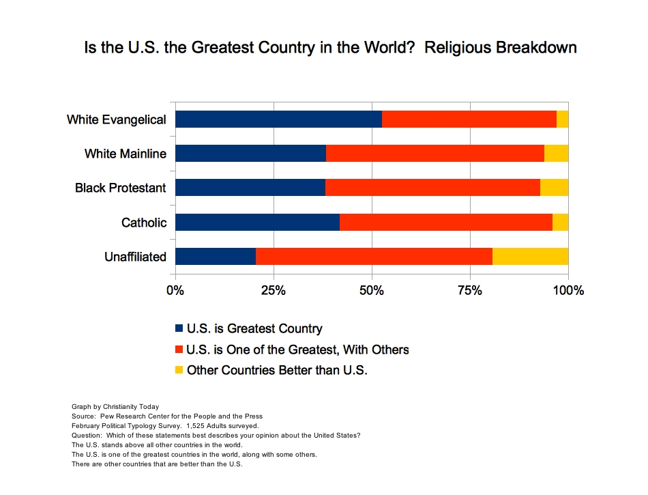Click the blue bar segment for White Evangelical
pyautogui.click(x=278, y=119)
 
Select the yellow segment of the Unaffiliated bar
pyautogui.click(x=530, y=256)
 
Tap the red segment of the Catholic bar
pyautogui.click(x=446, y=222)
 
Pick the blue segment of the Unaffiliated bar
pyautogui.click(x=216, y=256)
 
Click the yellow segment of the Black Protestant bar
pyautogui.click(x=554, y=187)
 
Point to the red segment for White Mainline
pyautogui.click(x=435, y=153)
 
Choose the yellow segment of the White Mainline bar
pyautogui.click(x=556, y=153)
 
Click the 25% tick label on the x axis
pyautogui.click(x=274, y=290)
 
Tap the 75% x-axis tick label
pyautogui.click(x=470, y=290)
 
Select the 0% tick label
pyautogui.click(x=175, y=290)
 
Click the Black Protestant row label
pyautogui.click(x=121, y=188)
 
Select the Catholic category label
pyautogui.click(x=144, y=223)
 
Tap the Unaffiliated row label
pyautogui.click(x=135, y=257)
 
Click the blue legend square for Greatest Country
pyautogui.click(x=179, y=329)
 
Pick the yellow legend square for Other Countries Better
pyautogui.click(x=179, y=371)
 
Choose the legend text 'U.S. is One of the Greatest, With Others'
pyautogui.click(x=297, y=350)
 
